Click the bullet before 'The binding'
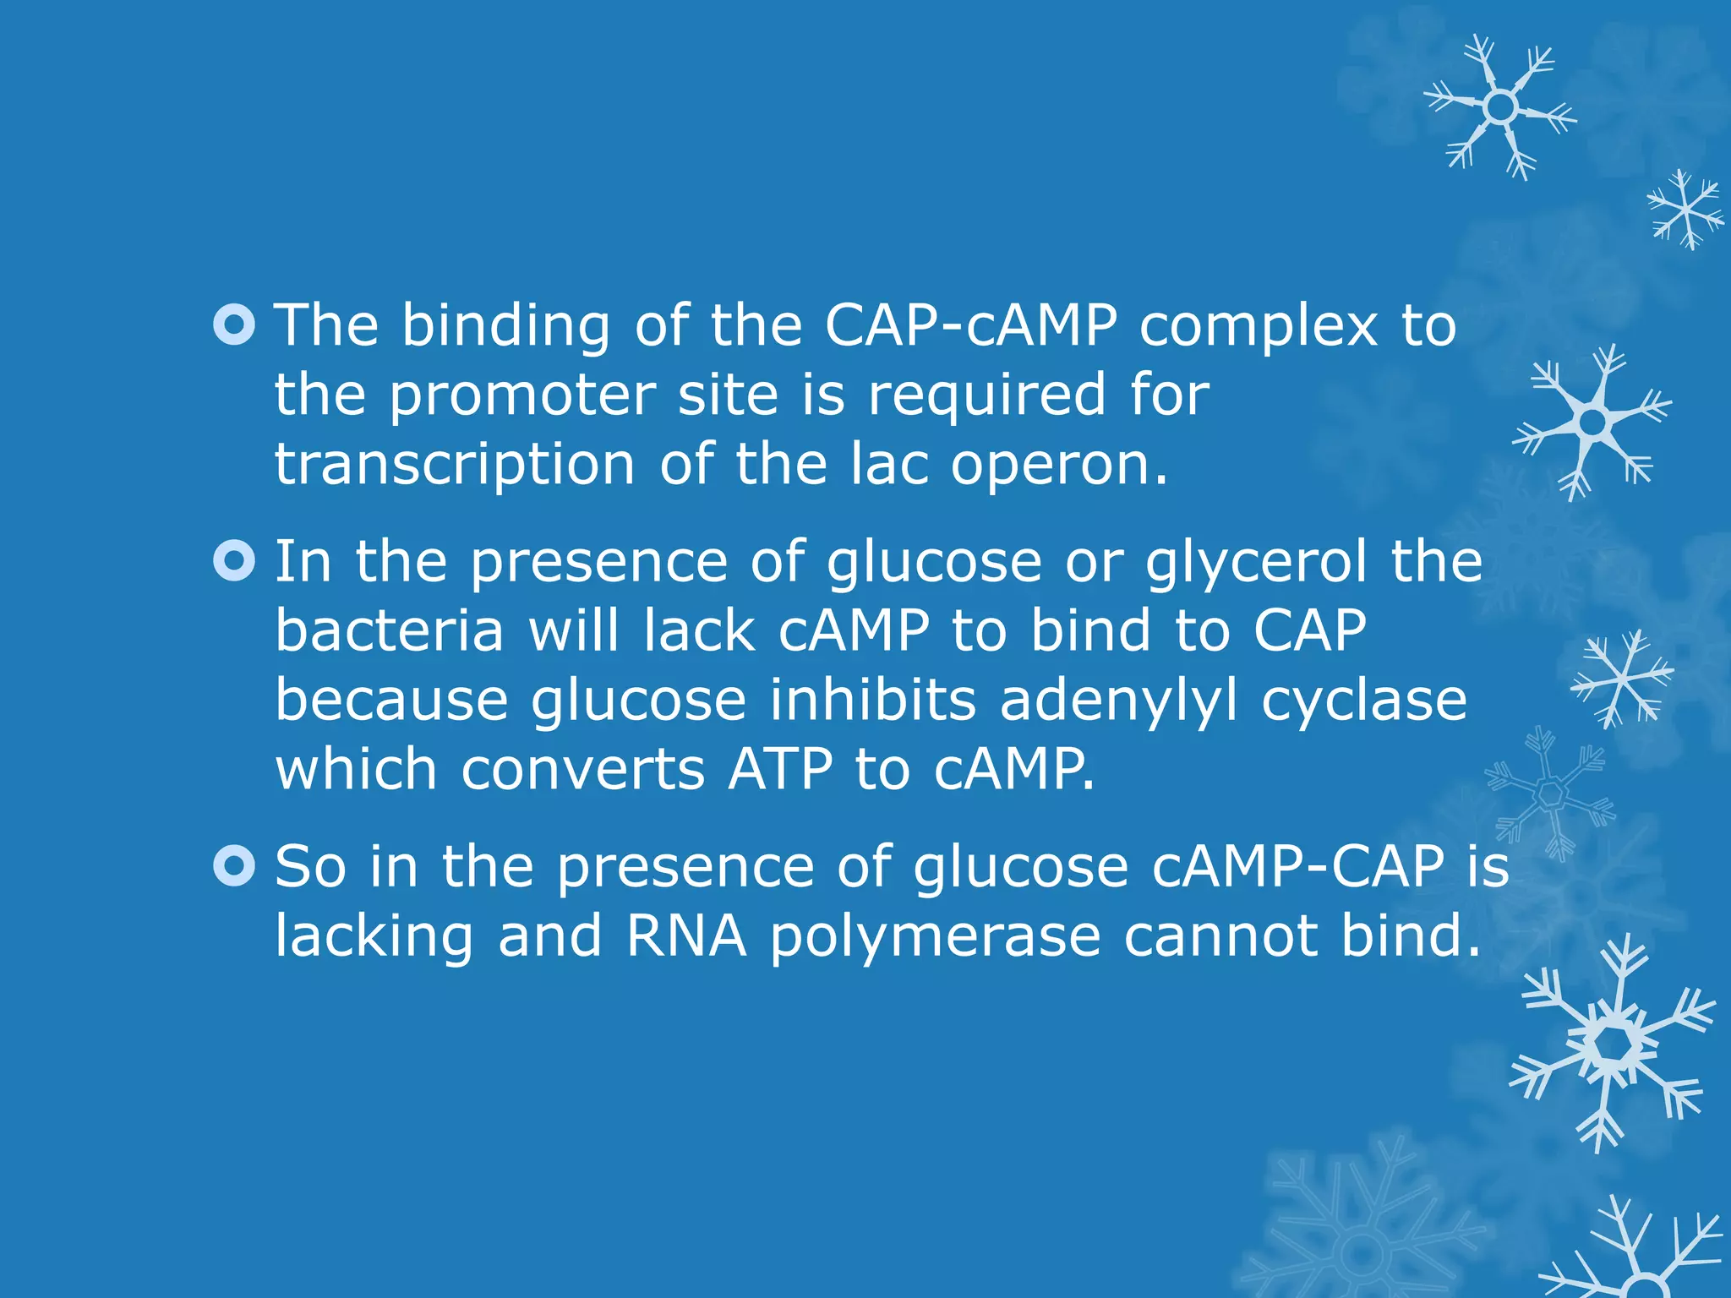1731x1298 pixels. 234,325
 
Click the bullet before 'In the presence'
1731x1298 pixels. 234,561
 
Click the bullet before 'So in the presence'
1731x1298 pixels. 234,866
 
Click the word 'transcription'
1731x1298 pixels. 455,465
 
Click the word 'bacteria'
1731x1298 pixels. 390,631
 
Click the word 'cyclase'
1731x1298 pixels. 1363,701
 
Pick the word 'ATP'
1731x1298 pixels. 779,769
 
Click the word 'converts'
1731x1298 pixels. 582,771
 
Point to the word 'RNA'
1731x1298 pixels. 686,936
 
